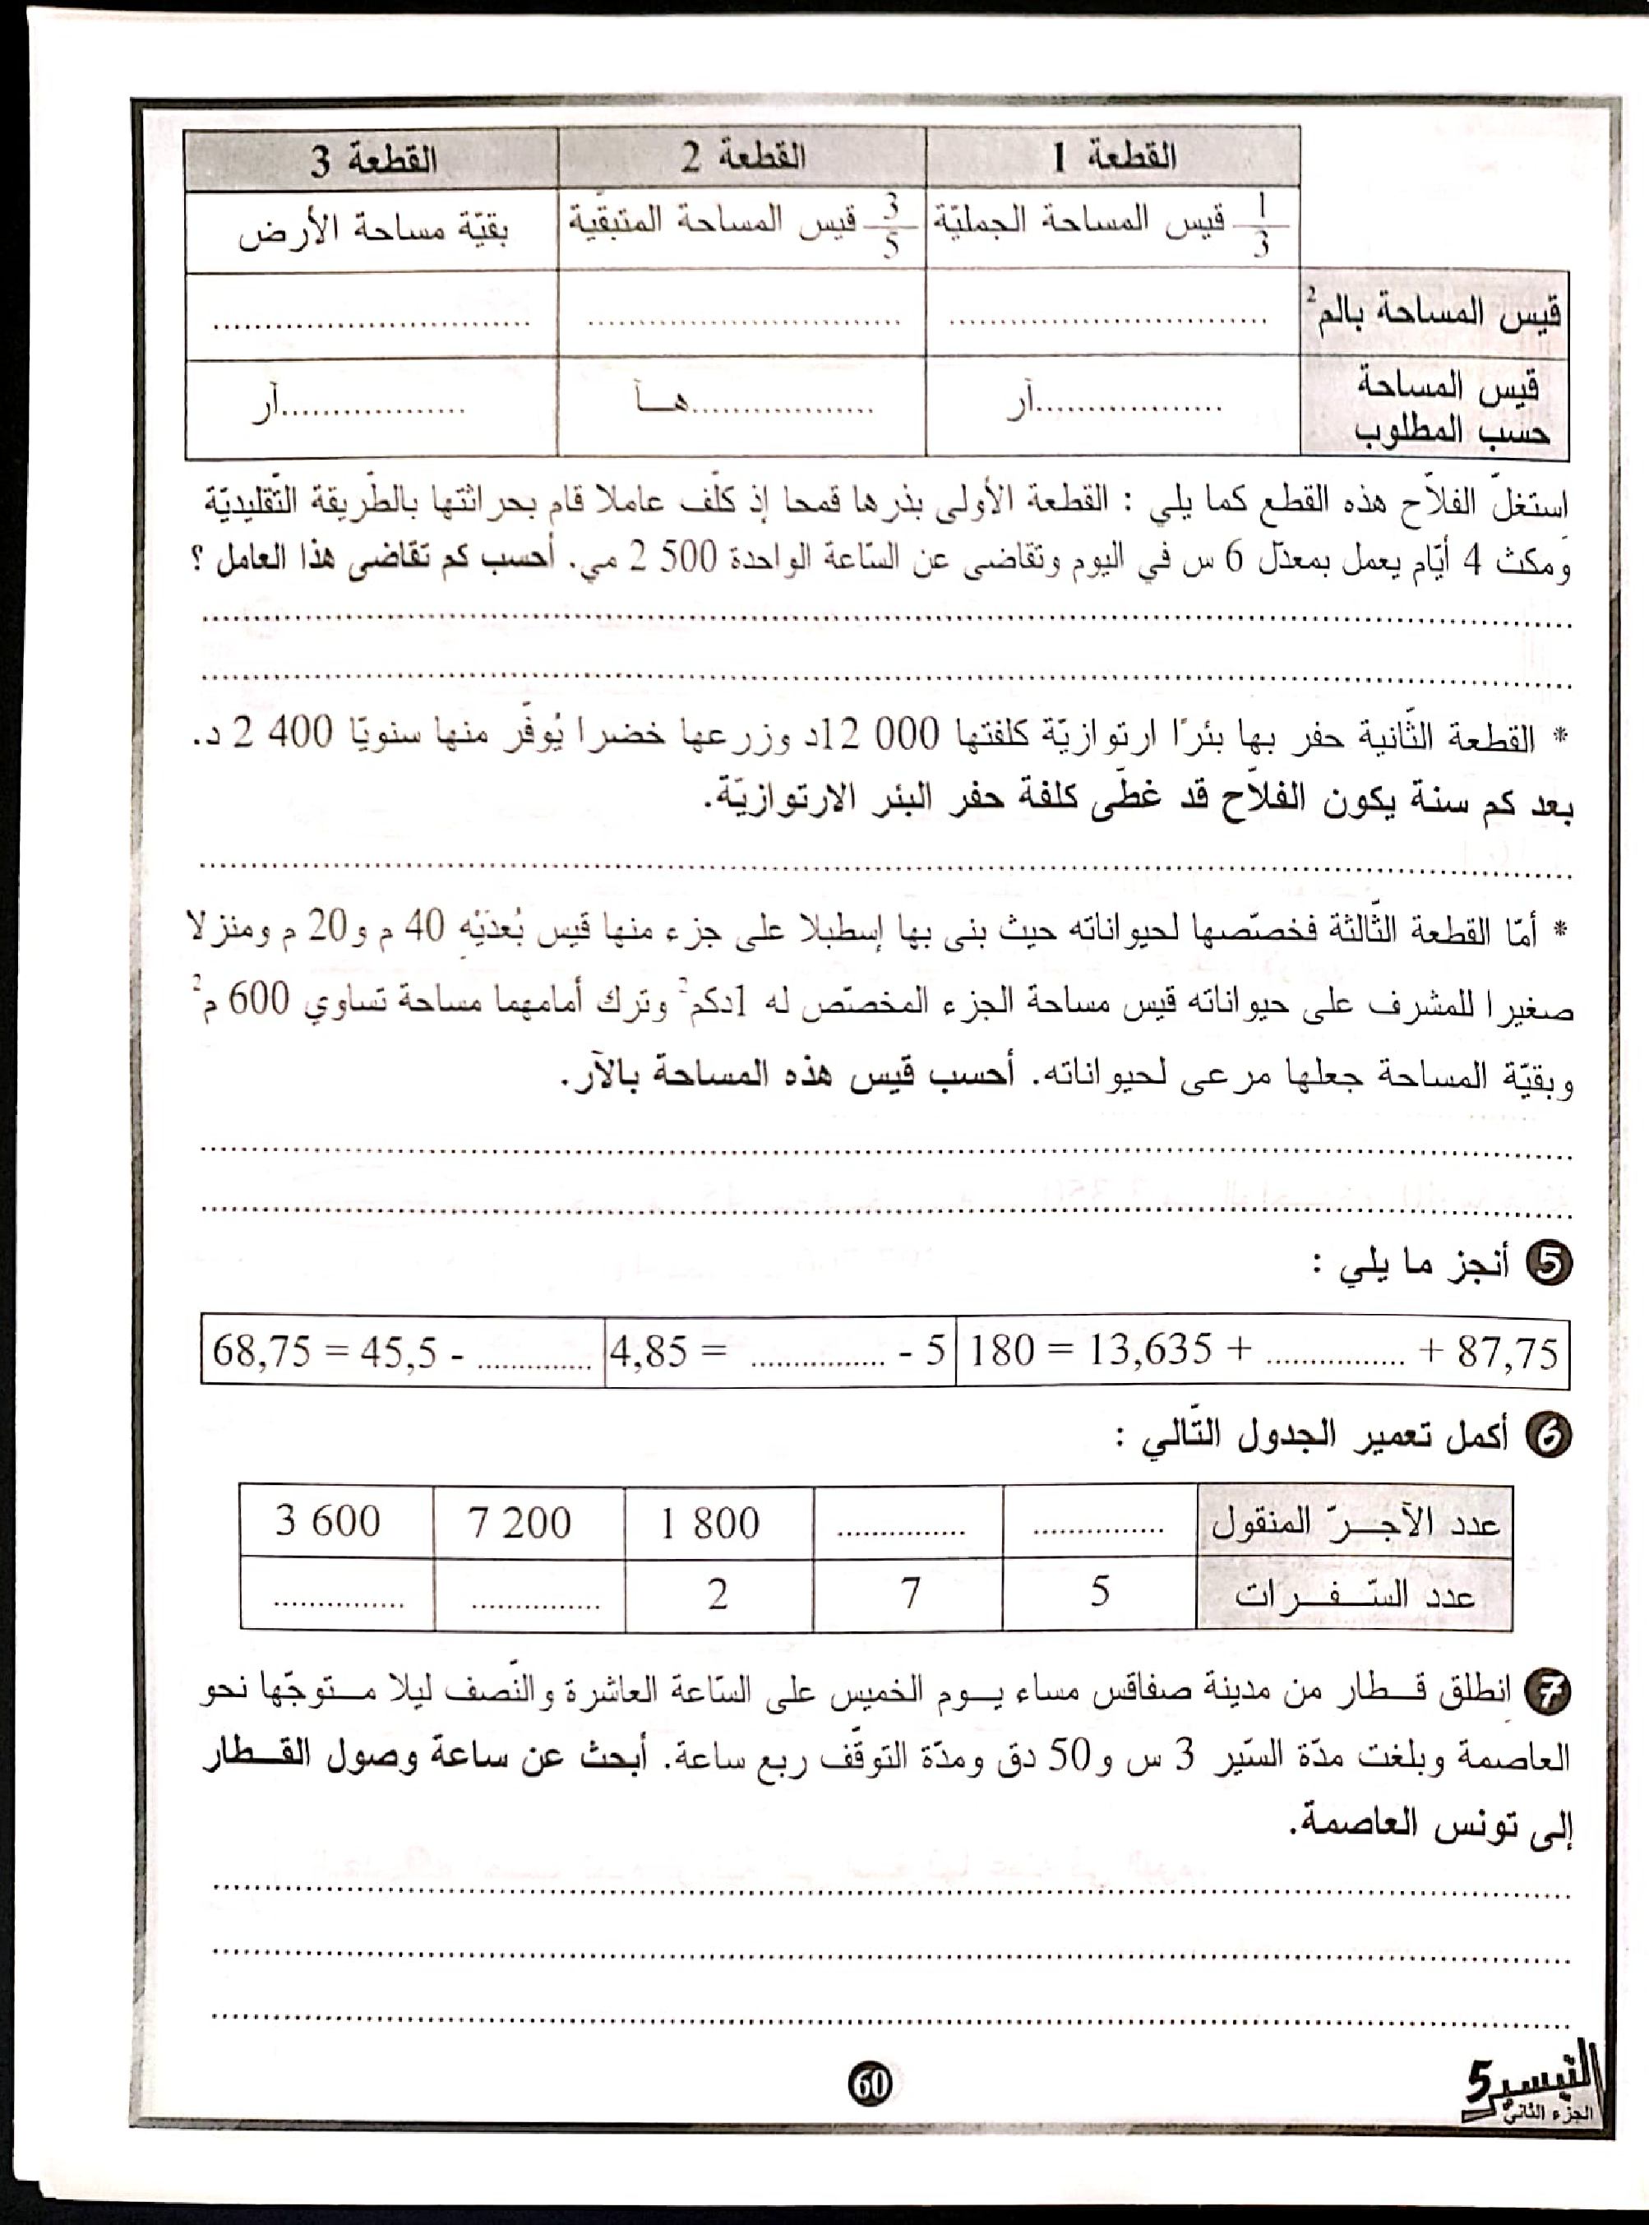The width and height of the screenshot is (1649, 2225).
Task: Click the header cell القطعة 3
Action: [x=372, y=160]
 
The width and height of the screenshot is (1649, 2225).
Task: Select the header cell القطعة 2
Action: [x=741, y=158]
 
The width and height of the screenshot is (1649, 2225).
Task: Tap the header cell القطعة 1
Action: [x=1113, y=157]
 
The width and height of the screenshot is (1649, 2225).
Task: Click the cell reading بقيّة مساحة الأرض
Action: [x=372, y=230]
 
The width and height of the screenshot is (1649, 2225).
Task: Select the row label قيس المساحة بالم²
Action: [x=1434, y=312]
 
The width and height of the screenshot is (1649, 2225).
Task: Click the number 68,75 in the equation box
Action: [x=261, y=1352]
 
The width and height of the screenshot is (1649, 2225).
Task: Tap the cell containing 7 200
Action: [x=519, y=1522]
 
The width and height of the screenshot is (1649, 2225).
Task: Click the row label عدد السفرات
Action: [x=1355, y=1594]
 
